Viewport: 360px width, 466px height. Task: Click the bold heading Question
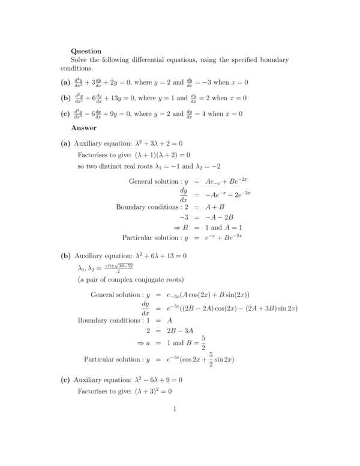[x=86, y=51]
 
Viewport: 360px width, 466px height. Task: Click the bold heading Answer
[x=83, y=127]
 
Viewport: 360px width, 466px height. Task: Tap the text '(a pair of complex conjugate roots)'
[x=131, y=280]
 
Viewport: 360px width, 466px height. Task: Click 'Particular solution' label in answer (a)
[x=155, y=237]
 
